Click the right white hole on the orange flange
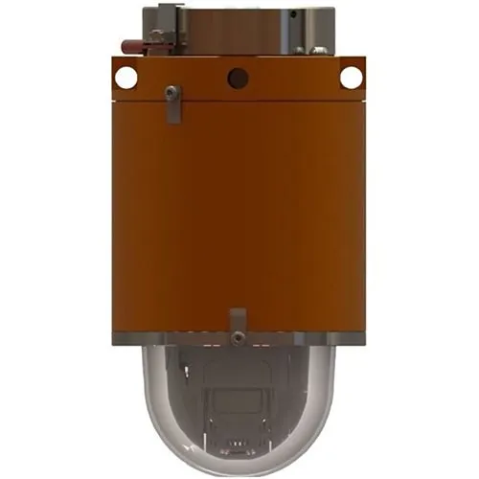[351, 78]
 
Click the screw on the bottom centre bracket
[235, 336]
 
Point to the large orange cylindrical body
[239, 211]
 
